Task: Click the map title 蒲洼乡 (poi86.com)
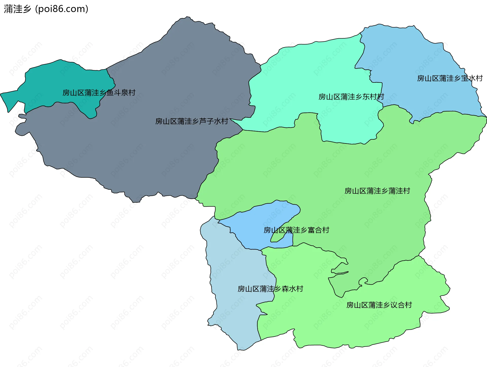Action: (46, 9)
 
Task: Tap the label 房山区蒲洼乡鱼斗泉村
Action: (99, 93)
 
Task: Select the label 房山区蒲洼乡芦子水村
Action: (192, 121)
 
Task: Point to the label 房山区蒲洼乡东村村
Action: (351, 97)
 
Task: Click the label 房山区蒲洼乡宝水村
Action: (450, 78)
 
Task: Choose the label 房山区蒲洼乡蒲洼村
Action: (377, 191)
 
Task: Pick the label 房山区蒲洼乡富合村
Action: (296, 230)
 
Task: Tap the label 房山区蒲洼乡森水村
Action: (270, 289)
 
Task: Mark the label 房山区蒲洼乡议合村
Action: (379, 305)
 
